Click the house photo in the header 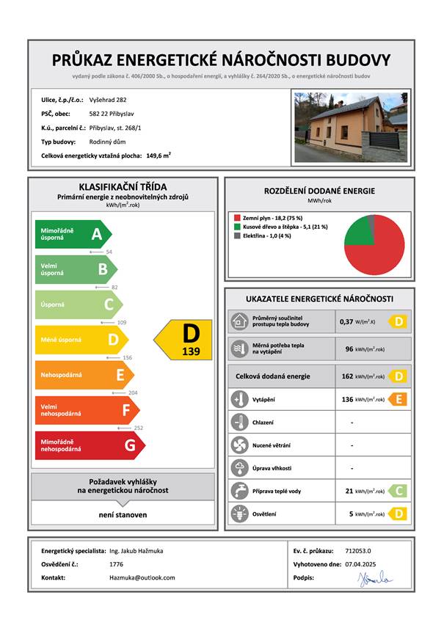click(349, 126)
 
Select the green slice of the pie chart click(357, 232)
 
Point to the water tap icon click(239, 491)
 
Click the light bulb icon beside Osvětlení click(239, 514)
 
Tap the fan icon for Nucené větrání click(239, 445)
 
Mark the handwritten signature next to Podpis click(376, 579)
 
